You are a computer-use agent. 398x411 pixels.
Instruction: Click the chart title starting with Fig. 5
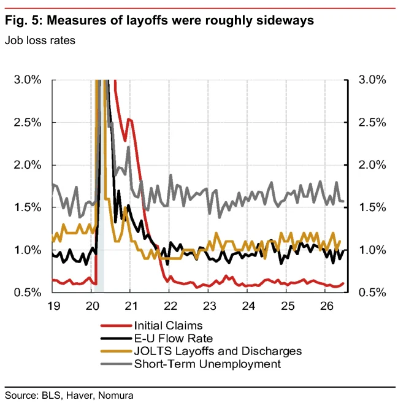159,20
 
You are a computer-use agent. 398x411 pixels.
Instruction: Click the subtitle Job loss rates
40,40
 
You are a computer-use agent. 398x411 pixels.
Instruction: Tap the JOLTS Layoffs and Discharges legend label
218,351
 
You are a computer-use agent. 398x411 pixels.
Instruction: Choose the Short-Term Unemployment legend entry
207,364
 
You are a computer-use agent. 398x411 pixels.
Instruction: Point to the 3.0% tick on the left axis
28,80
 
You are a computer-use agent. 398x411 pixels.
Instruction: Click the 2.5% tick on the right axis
372,123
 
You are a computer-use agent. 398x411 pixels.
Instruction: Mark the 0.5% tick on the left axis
28,292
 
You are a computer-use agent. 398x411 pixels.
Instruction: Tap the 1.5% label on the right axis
372,207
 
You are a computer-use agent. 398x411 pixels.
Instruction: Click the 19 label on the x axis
54,306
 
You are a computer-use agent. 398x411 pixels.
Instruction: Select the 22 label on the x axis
170,306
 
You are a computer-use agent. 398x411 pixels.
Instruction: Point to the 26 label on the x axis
326,306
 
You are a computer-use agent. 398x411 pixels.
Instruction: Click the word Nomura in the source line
115,395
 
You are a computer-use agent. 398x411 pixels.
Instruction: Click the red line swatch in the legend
116,326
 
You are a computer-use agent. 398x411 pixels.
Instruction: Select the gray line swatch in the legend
116,364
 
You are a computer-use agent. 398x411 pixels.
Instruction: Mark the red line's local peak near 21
128,119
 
